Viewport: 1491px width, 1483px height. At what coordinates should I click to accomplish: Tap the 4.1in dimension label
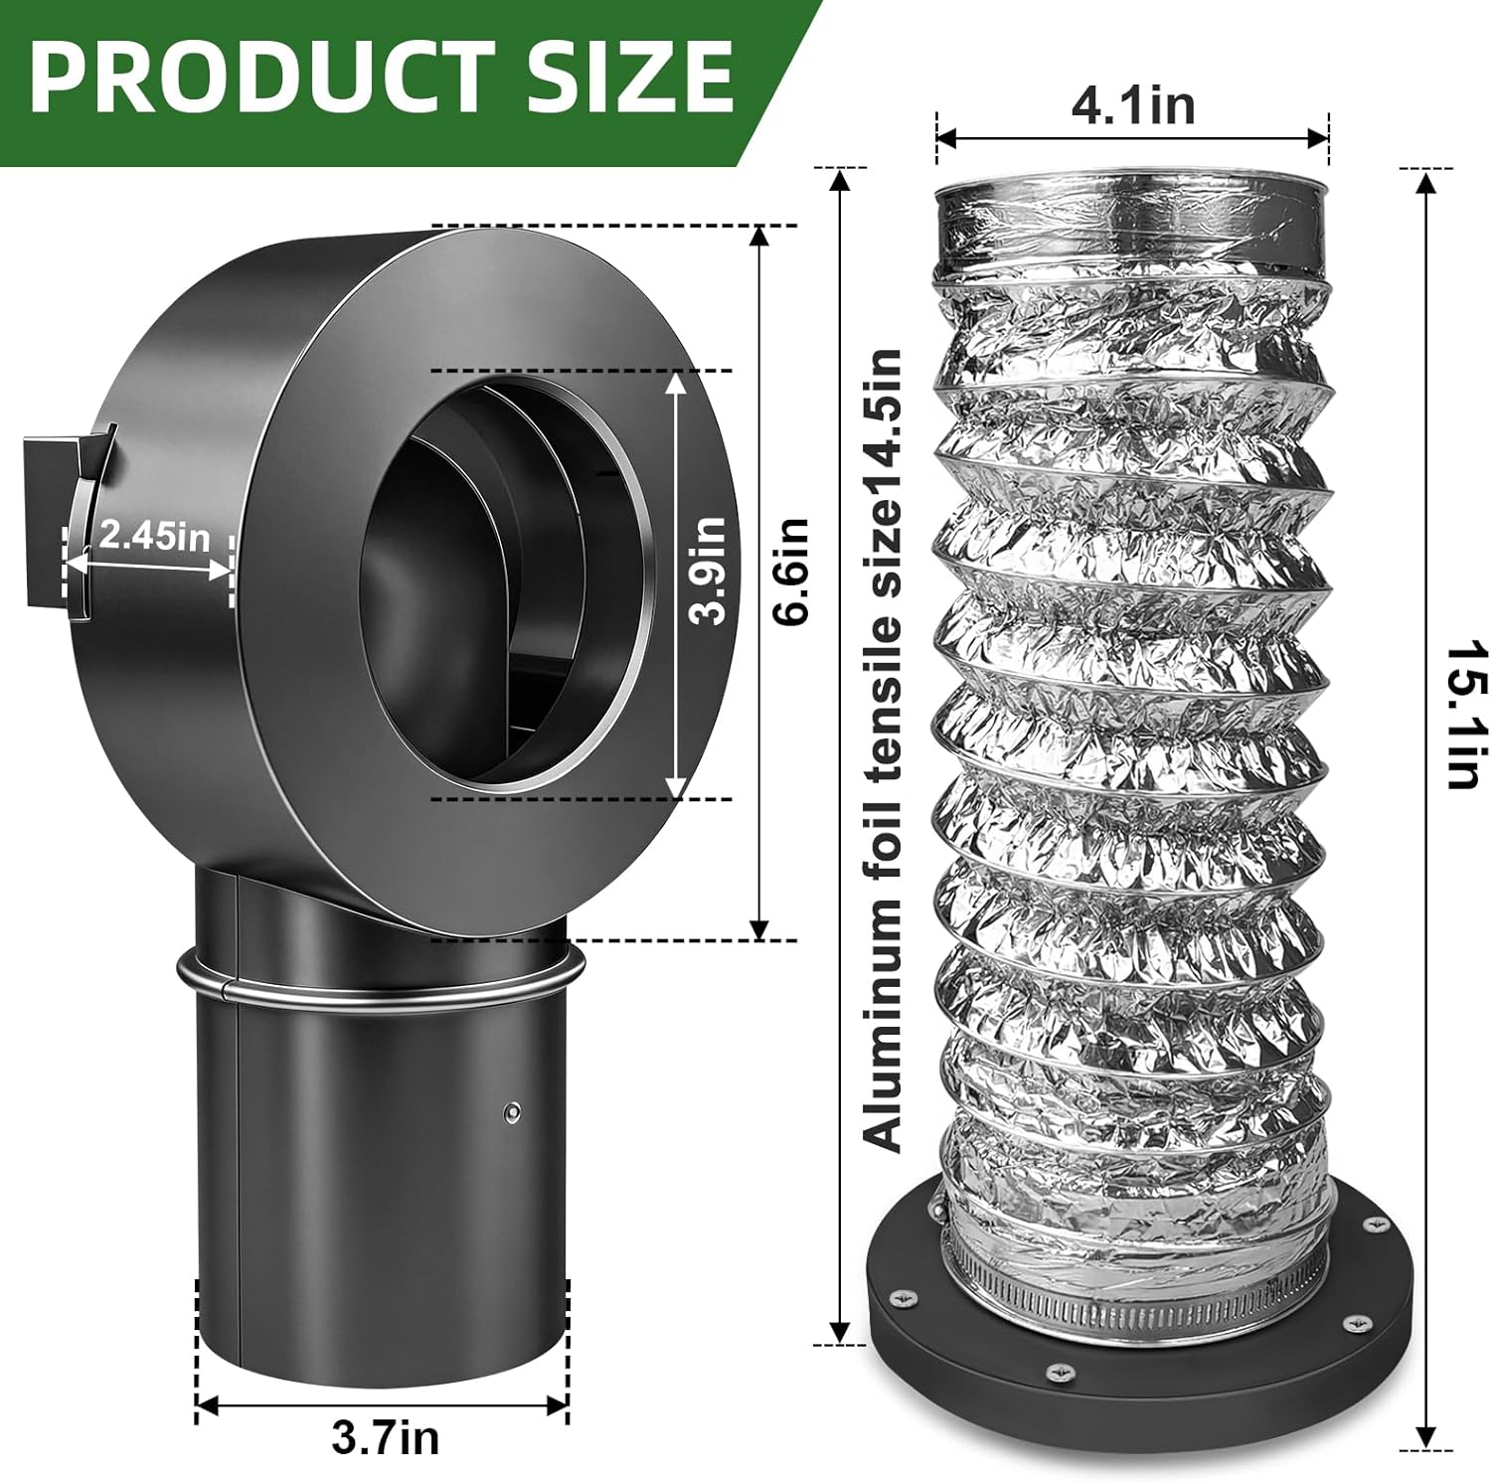coord(1132,105)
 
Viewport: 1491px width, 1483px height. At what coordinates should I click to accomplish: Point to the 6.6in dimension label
coord(792,572)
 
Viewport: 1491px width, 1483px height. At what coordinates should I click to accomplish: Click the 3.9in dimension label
coord(709,571)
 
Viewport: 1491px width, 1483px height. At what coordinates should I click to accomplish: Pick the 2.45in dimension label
coord(154,537)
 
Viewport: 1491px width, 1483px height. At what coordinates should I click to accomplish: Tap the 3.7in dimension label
coord(384,1438)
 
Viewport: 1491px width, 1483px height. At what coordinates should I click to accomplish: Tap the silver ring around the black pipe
coord(378,984)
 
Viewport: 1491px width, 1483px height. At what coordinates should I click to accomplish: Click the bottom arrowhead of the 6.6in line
coord(758,929)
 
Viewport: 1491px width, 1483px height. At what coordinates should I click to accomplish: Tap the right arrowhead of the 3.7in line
coord(559,1405)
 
